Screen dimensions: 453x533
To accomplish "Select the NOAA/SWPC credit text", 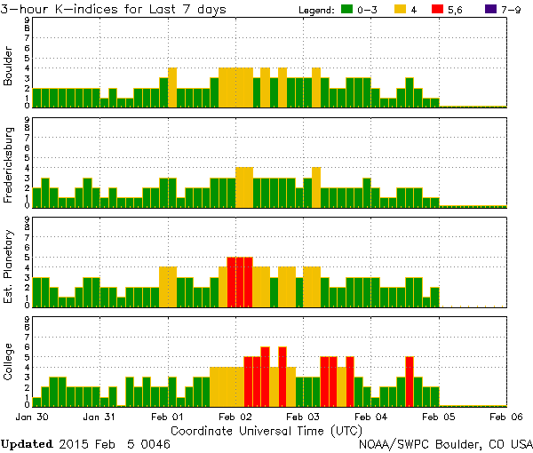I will [x=445, y=442].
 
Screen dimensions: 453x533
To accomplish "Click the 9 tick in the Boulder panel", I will [x=28, y=20].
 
